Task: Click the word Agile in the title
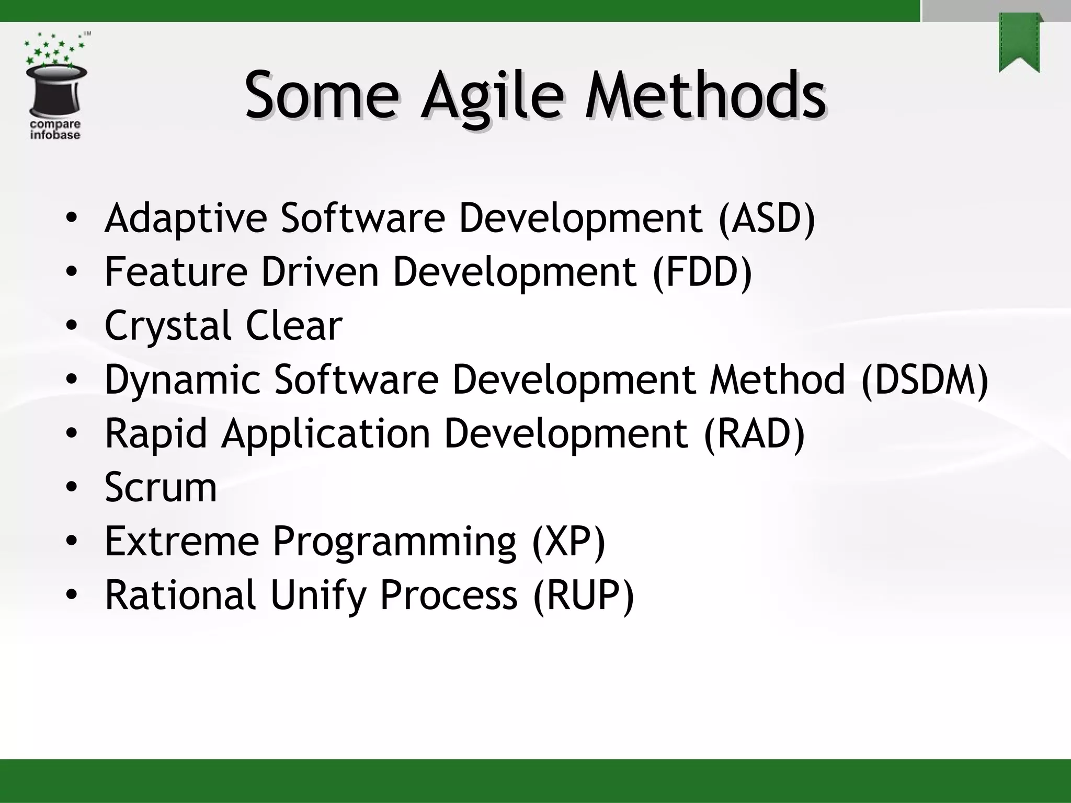click(493, 97)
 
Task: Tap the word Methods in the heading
click(705, 97)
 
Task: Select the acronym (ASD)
click(767, 217)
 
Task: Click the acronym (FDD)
click(702, 271)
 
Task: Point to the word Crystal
click(167, 326)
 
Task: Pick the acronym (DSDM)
click(925, 380)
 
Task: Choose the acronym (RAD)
click(754, 433)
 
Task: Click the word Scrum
click(161, 487)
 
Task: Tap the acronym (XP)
click(568, 541)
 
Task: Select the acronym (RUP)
click(583, 595)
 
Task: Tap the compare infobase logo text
click(55, 130)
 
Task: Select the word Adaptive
click(186, 217)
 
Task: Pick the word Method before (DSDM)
click(777, 380)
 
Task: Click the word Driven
click(320, 271)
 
